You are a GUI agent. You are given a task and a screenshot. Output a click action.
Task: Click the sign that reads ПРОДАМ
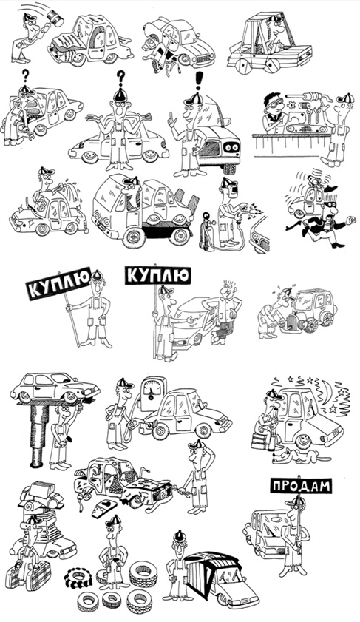pyautogui.click(x=301, y=485)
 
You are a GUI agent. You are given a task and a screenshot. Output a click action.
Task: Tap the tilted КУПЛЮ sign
pyautogui.click(x=58, y=283)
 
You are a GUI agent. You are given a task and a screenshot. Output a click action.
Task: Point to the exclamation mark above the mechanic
pyautogui.click(x=199, y=81)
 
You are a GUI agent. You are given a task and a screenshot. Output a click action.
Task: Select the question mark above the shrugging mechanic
pyautogui.click(x=121, y=78)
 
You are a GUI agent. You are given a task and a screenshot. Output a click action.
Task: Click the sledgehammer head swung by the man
pyautogui.click(x=55, y=18)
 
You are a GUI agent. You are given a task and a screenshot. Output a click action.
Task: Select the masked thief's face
pyautogui.click(x=330, y=206)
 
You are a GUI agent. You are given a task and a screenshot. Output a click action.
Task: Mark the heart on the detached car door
pyautogui.click(x=106, y=504)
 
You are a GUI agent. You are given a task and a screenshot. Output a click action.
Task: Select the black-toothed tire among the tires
pyautogui.click(x=78, y=578)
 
